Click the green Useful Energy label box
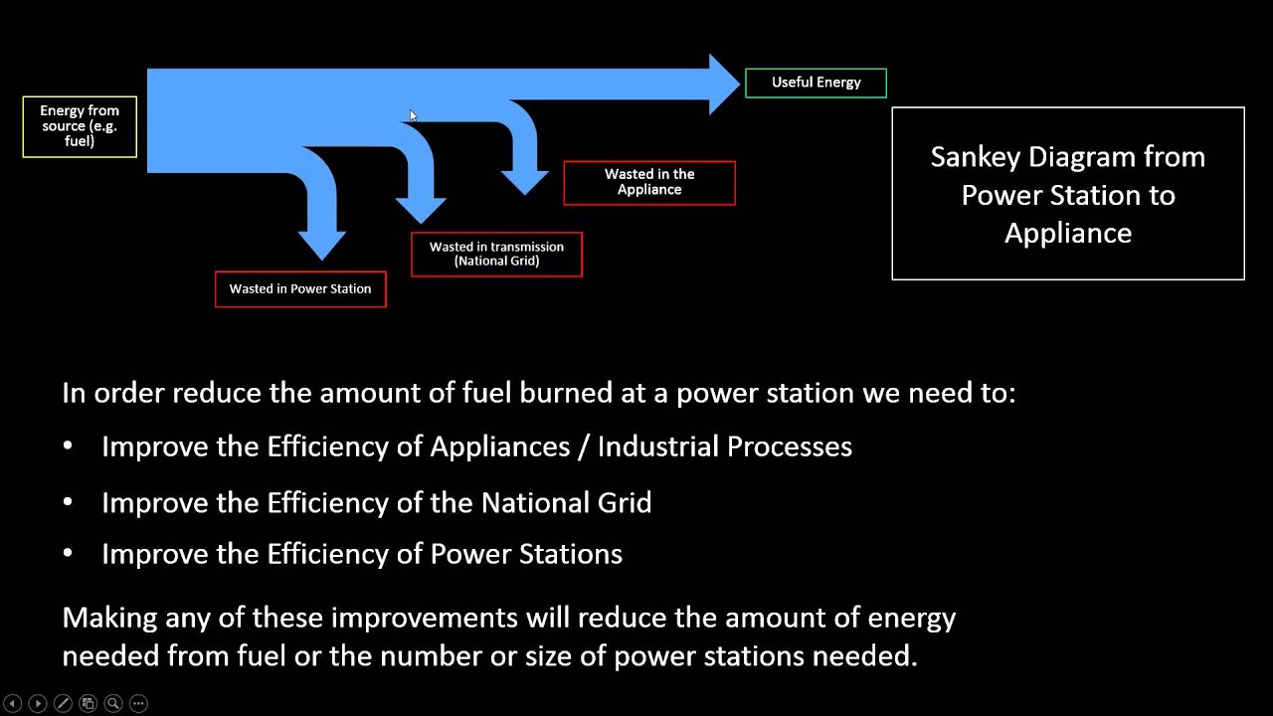click(x=816, y=83)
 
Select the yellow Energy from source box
click(x=80, y=126)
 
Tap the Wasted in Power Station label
click(x=300, y=289)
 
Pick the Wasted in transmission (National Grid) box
click(x=496, y=255)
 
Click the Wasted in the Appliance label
click(x=649, y=182)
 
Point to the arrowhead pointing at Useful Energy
click(x=724, y=84)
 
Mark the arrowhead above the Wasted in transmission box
click(x=421, y=210)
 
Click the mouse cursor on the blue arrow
click(x=413, y=116)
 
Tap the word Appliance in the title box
click(x=1067, y=234)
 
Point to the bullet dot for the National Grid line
click(x=68, y=503)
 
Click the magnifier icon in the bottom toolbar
click(x=112, y=703)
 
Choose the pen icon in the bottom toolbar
click(x=62, y=703)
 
